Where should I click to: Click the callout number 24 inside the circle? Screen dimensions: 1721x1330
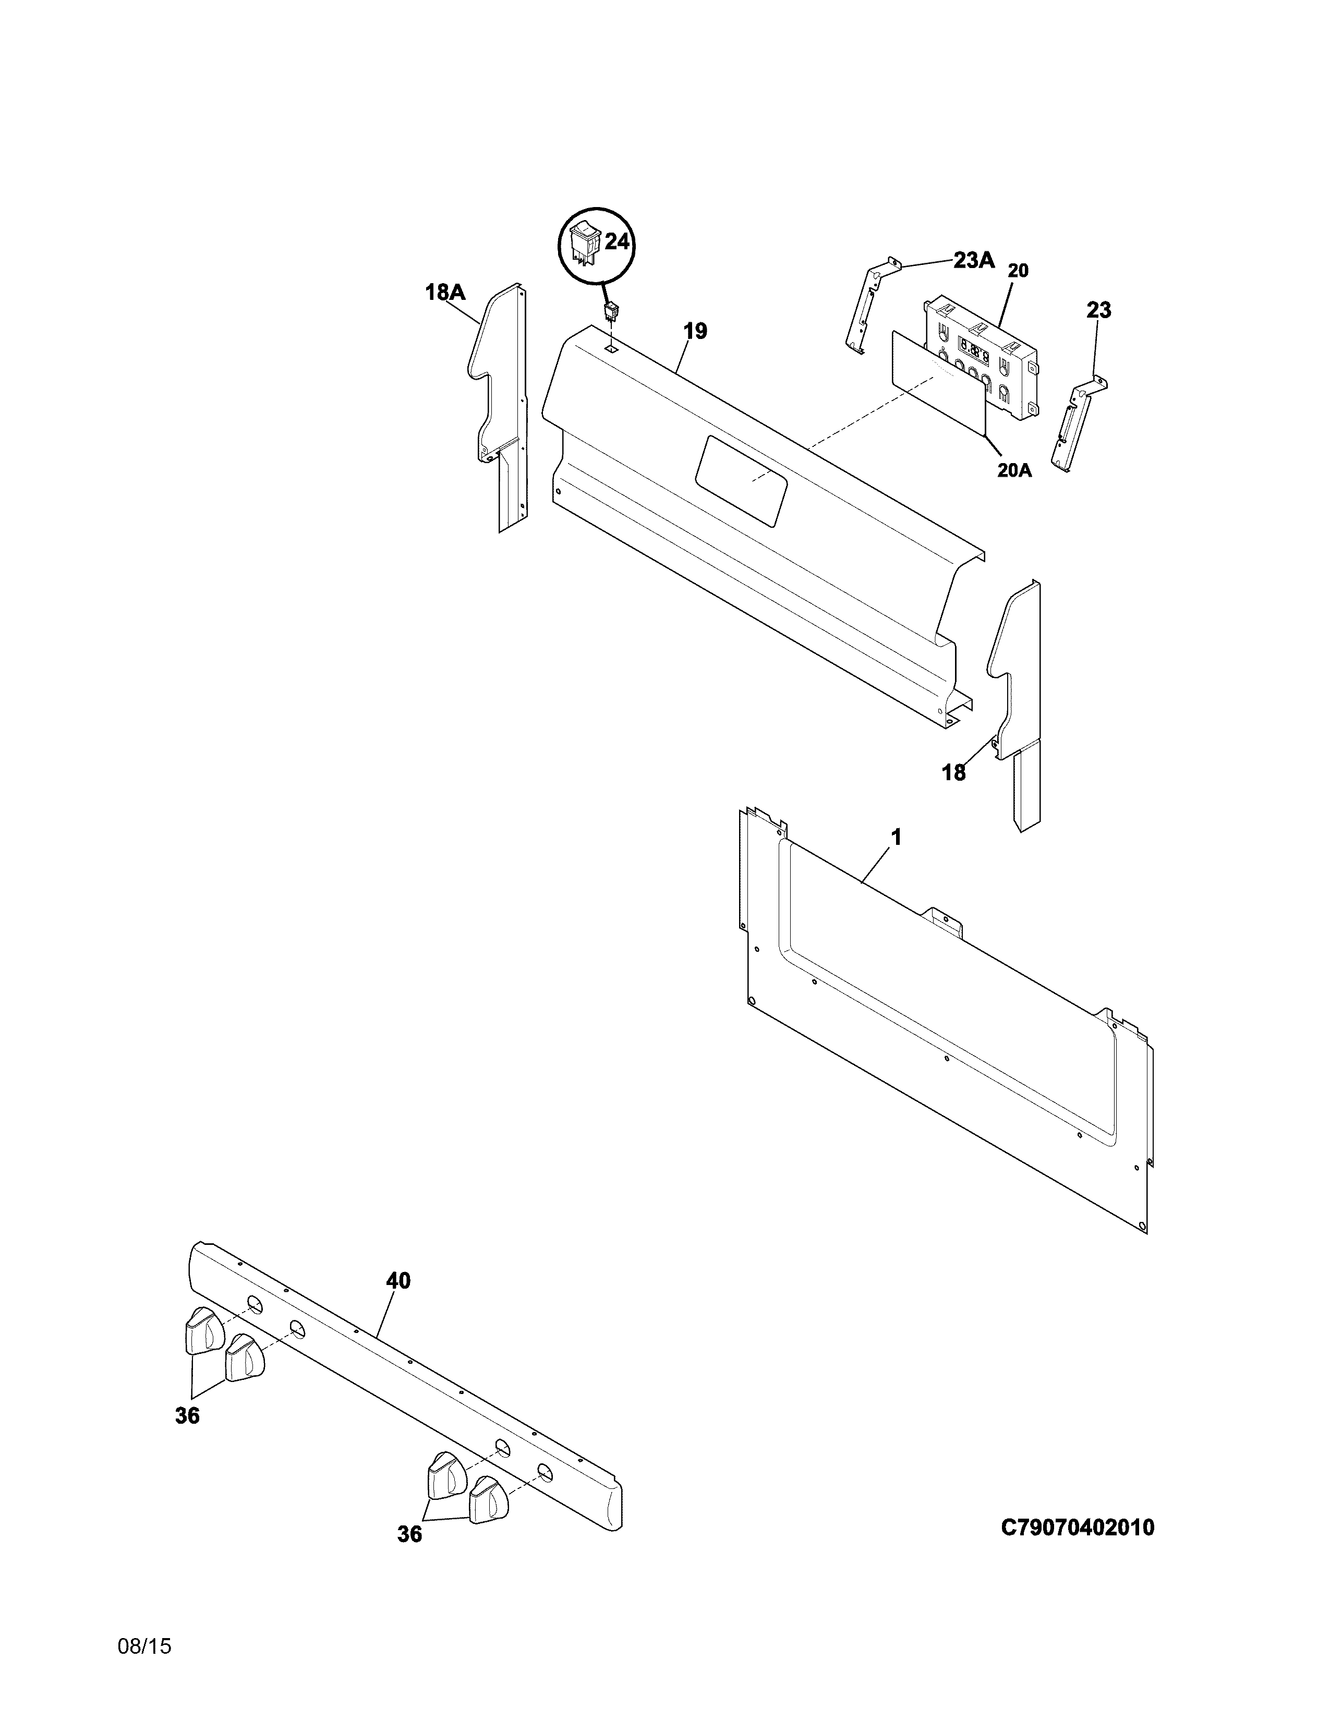617,242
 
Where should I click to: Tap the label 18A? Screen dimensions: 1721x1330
445,293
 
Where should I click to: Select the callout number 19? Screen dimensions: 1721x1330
695,331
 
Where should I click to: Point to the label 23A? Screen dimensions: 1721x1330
974,260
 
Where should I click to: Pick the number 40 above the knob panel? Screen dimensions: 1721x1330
398,1281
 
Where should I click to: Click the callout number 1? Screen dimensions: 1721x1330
896,837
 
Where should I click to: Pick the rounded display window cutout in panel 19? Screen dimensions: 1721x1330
741,481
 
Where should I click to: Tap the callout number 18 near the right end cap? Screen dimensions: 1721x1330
953,773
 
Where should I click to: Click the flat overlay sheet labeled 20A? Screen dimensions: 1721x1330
938,382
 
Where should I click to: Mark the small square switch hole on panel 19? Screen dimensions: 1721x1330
611,347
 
